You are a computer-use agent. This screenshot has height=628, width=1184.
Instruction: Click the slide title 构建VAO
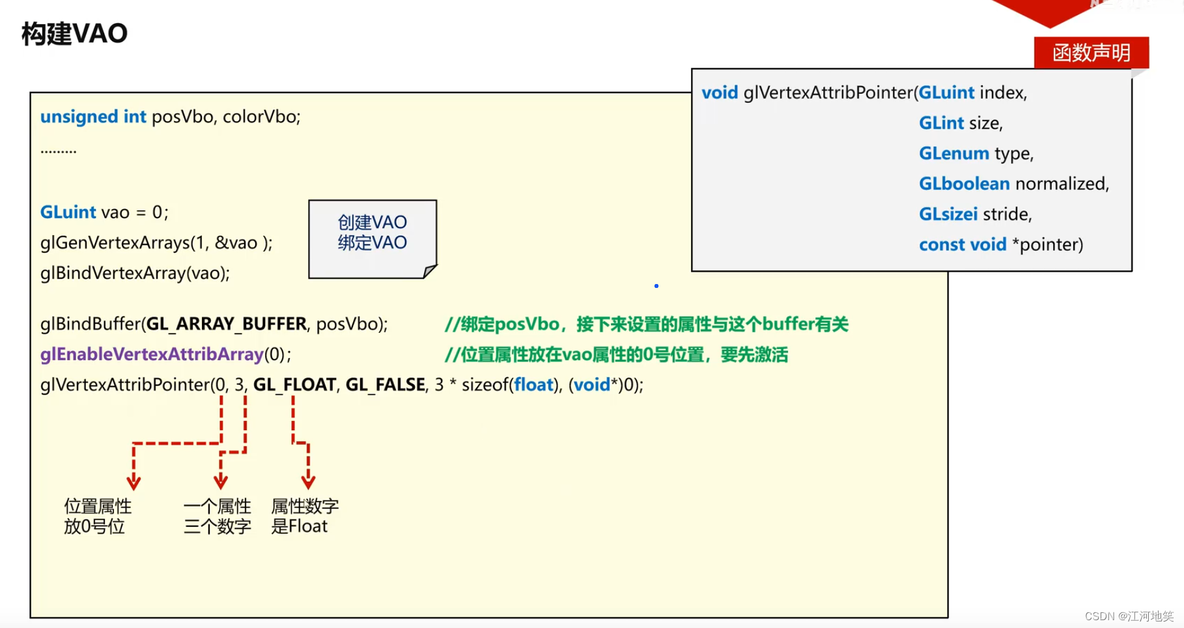click(74, 34)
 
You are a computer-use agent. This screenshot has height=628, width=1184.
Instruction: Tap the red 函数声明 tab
click(1091, 53)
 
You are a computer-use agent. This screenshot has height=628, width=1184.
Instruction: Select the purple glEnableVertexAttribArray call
click(152, 354)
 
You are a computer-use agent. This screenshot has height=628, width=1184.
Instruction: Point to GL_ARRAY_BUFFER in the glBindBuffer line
click(226, 324)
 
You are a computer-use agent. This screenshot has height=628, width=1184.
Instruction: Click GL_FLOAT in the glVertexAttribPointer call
click(294, 385)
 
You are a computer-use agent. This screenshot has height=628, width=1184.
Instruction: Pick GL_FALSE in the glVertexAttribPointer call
click(385, 385)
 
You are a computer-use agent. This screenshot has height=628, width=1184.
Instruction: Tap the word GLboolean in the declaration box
click(964, 184)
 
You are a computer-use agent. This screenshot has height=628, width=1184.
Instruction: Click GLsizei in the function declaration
click(948, 214)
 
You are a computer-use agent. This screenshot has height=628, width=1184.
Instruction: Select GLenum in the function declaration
click(953, 154)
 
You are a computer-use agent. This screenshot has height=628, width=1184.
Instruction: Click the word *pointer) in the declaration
click(1047, 245)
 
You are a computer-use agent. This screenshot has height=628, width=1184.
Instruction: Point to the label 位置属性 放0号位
click(97, 516)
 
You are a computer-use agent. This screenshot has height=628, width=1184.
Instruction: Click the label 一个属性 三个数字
click(217, 516)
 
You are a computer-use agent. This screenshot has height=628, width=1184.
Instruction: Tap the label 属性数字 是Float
click(304, 516)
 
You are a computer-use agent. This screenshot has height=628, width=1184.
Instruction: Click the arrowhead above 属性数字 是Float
click(308, 482)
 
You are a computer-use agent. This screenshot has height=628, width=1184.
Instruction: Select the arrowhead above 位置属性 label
click(134, 483)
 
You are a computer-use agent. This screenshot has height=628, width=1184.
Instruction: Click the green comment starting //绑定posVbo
click(646, 324)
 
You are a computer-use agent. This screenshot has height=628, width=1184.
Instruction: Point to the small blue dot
click(656, 286)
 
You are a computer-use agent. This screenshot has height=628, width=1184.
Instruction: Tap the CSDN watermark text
click(1129, 616)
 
